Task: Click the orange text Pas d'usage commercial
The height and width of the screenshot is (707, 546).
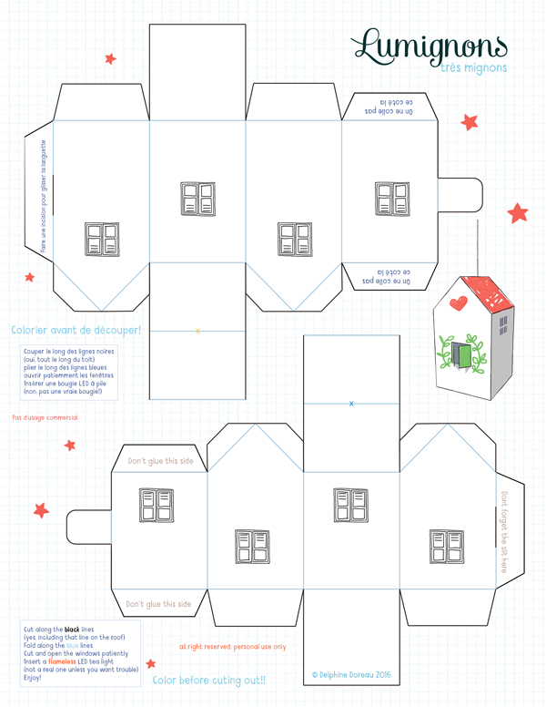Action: tap(45, 417)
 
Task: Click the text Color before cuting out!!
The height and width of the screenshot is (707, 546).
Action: tap(209, 680)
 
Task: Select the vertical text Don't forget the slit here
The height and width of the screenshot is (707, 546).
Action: tap(503, 532)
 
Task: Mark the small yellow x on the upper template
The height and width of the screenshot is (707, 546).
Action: tap(197, 330)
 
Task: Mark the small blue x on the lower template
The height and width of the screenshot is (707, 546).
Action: tap(351, 403)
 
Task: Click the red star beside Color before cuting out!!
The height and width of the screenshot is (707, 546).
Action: tap(150, 664)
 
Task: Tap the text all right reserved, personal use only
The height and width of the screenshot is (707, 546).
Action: tap(232, 647)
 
